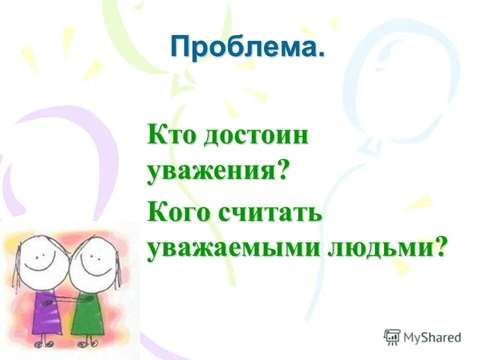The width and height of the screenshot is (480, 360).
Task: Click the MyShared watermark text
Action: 432,337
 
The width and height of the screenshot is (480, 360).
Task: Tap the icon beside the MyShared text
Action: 391,337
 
